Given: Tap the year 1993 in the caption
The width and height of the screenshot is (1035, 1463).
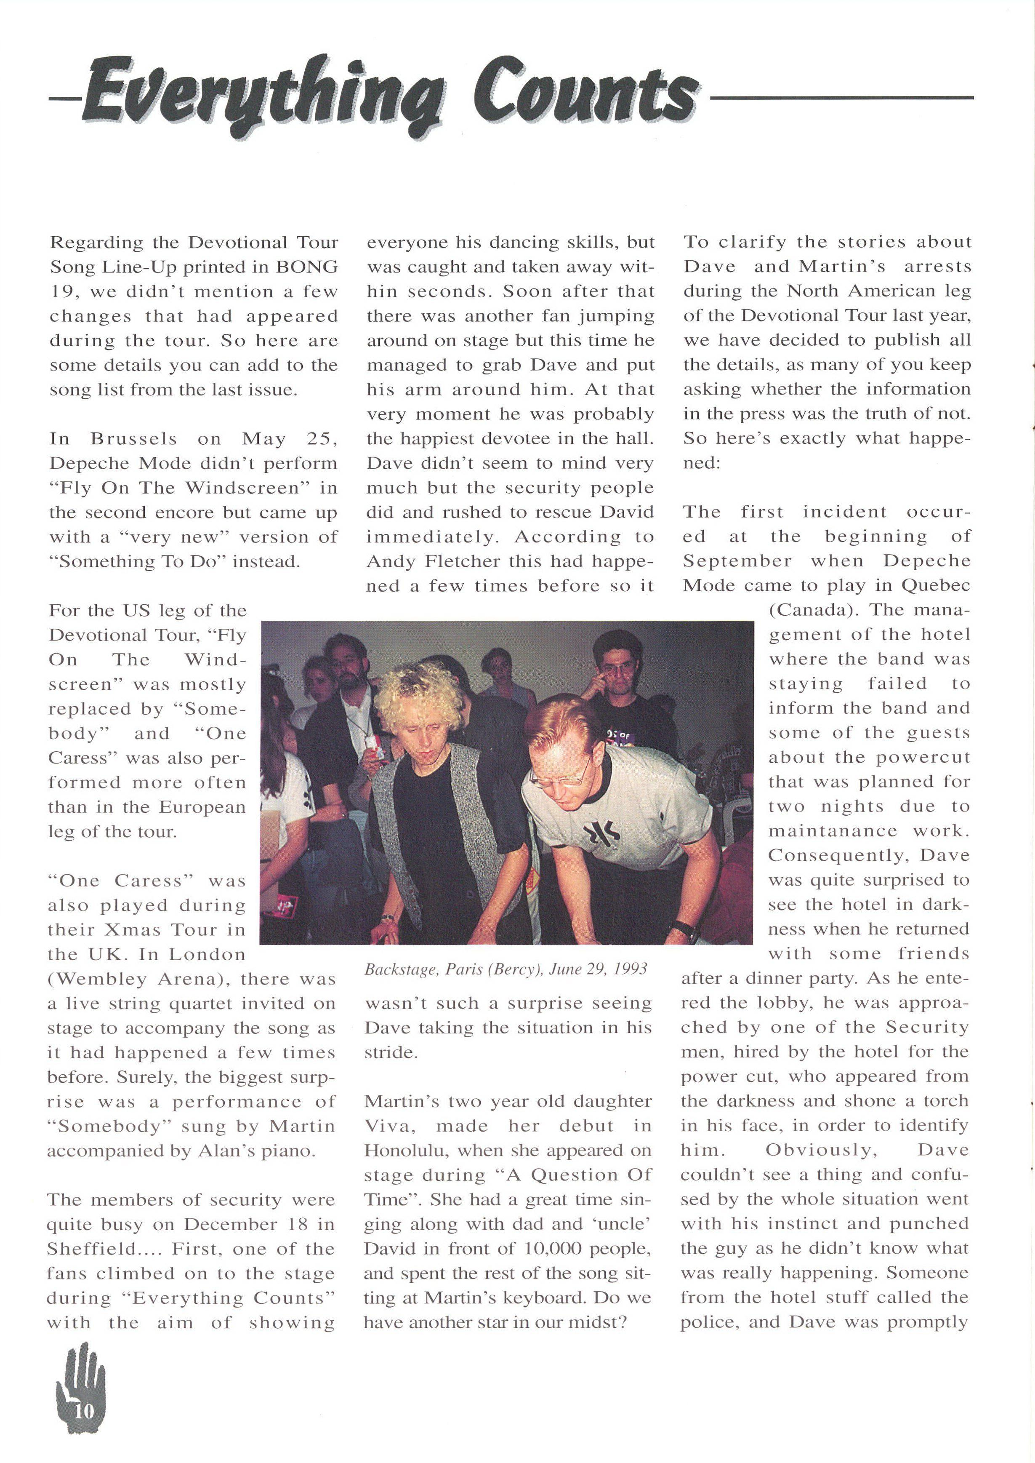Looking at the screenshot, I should tap(631, 969).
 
